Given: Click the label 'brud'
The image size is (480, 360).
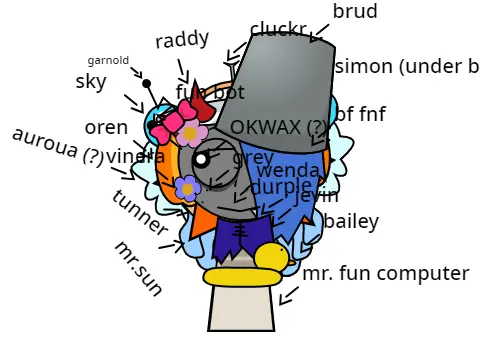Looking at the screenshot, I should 355,12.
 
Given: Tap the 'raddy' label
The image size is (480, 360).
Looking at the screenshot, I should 182,39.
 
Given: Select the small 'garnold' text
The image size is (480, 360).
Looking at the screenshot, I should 108,60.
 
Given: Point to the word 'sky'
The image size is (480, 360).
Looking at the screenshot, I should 91,82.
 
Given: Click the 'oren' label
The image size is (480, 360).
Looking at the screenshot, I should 106,127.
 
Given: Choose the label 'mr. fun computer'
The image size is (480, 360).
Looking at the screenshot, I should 385,273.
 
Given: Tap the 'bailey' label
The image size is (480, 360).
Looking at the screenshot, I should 351,221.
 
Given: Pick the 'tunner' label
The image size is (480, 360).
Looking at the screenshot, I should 140,213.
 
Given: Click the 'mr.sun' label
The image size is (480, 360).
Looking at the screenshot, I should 137,268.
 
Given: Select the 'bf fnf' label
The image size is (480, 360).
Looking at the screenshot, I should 360,114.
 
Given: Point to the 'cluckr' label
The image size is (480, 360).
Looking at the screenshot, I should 278,29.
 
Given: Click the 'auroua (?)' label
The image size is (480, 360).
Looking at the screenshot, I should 58,146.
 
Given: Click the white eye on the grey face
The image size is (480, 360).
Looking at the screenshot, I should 201,158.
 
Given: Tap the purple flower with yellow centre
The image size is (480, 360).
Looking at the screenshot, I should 186,187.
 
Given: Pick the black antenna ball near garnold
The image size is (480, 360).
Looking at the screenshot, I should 146,83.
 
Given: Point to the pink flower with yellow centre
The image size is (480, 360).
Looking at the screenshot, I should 190,133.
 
